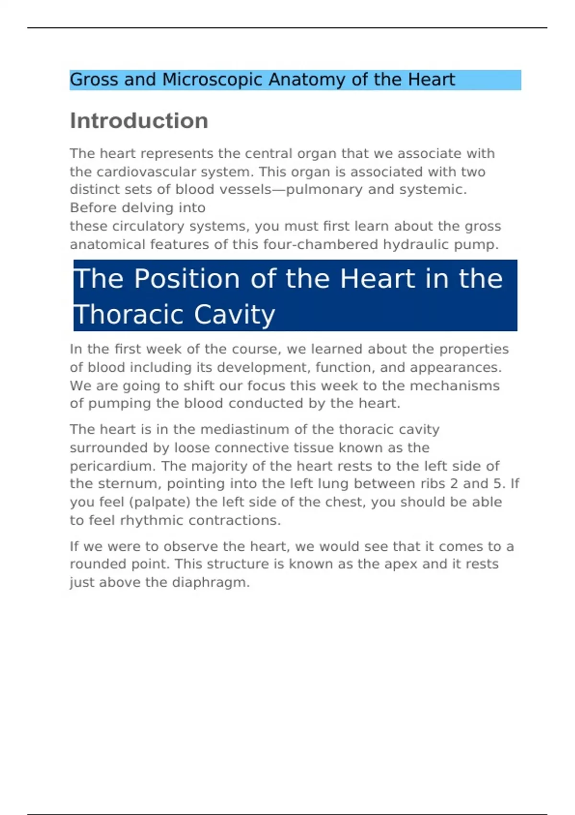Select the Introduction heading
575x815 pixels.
pos(139,121)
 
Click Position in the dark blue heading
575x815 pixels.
pos(186,279)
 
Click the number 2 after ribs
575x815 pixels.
pos(454,484)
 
